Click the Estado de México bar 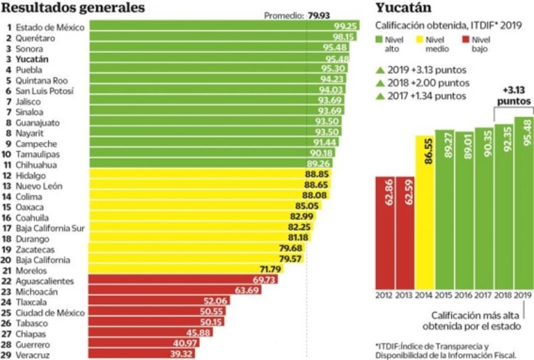[x=223, y=27]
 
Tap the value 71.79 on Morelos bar [x=269, y=270]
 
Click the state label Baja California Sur [x=50, y=228]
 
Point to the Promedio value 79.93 [x=319, y=16]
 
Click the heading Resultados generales [x=73, y=8]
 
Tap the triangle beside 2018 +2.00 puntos [x=381, y=83]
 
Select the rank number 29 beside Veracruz [x=8, y=354]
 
